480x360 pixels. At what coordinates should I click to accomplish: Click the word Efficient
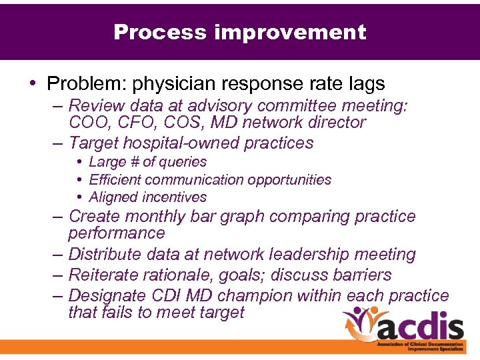[115, 180]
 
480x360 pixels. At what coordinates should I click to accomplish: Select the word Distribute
[105, 255]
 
